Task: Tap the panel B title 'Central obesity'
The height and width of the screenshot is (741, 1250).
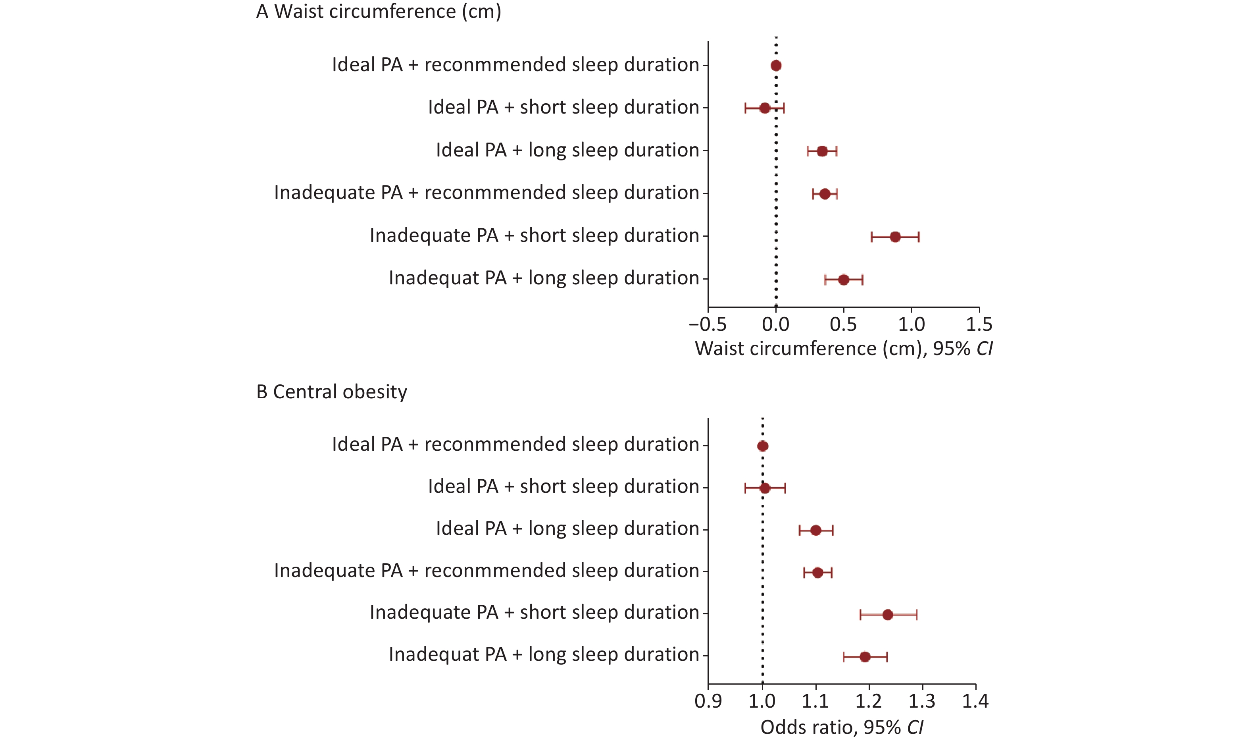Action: pyautogui.click(x=331, y=392)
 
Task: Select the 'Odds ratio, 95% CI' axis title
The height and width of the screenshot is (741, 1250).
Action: pyautogui.click(x=841, y=727)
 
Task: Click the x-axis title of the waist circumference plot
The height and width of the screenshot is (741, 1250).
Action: pyautogui.click(x=843, y=349)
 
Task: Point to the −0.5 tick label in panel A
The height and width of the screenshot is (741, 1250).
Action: pyautogui.click(x=707, y=324)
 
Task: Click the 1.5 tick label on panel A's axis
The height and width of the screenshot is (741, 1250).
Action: pyautogui.click(x=979, y=324)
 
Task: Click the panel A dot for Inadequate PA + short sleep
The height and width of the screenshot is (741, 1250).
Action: pyautogui.click(x=895, y=237)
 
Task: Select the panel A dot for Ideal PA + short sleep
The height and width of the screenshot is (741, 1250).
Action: pyautogui.click(x=764, y=108)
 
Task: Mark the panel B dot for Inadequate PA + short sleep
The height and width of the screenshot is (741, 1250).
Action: pyautogui.click(x=887, y=615)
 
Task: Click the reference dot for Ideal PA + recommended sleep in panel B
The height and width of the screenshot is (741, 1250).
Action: pyautogui.click(x=762, y=446)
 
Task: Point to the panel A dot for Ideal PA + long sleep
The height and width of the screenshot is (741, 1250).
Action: pyautogui.click(x=822, y=151)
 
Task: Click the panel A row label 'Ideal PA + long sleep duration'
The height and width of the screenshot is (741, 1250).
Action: pyautogui.click(x=567, y=150)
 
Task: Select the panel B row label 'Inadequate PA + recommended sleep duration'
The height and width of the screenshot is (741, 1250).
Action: pyautogui.click(x=487, y=571)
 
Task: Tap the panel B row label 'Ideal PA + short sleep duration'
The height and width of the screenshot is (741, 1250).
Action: pyautogui.click(x=563, y=487)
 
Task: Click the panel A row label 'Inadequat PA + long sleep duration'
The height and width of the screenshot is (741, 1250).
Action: pyautogui.click(x=544, y=278)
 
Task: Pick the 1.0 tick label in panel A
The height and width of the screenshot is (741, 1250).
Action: pyautogui.click(x=911, y=324)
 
